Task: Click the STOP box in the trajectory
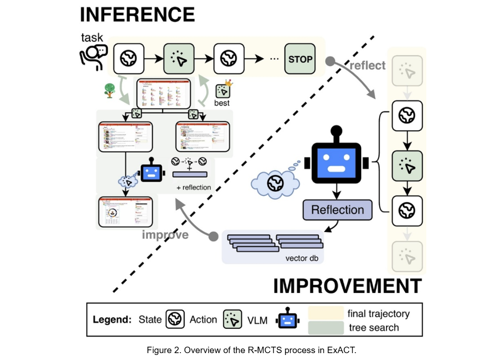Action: click(x=300, y=59)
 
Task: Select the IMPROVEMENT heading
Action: click(x=347, y=286)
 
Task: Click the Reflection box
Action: click(x=337, y=210)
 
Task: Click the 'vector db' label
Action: click(x=302, y=258)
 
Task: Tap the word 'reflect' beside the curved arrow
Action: click(x=368, y=66)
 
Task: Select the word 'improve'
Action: click(x=165, y=235)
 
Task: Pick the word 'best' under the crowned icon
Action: click(x=222, y=103)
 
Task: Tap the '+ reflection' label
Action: click(x=193, y=188)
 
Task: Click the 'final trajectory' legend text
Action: click(x=379, y=314)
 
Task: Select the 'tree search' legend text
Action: click(x=373, y=328)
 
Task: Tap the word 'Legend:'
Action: click(x=113, y=320)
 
